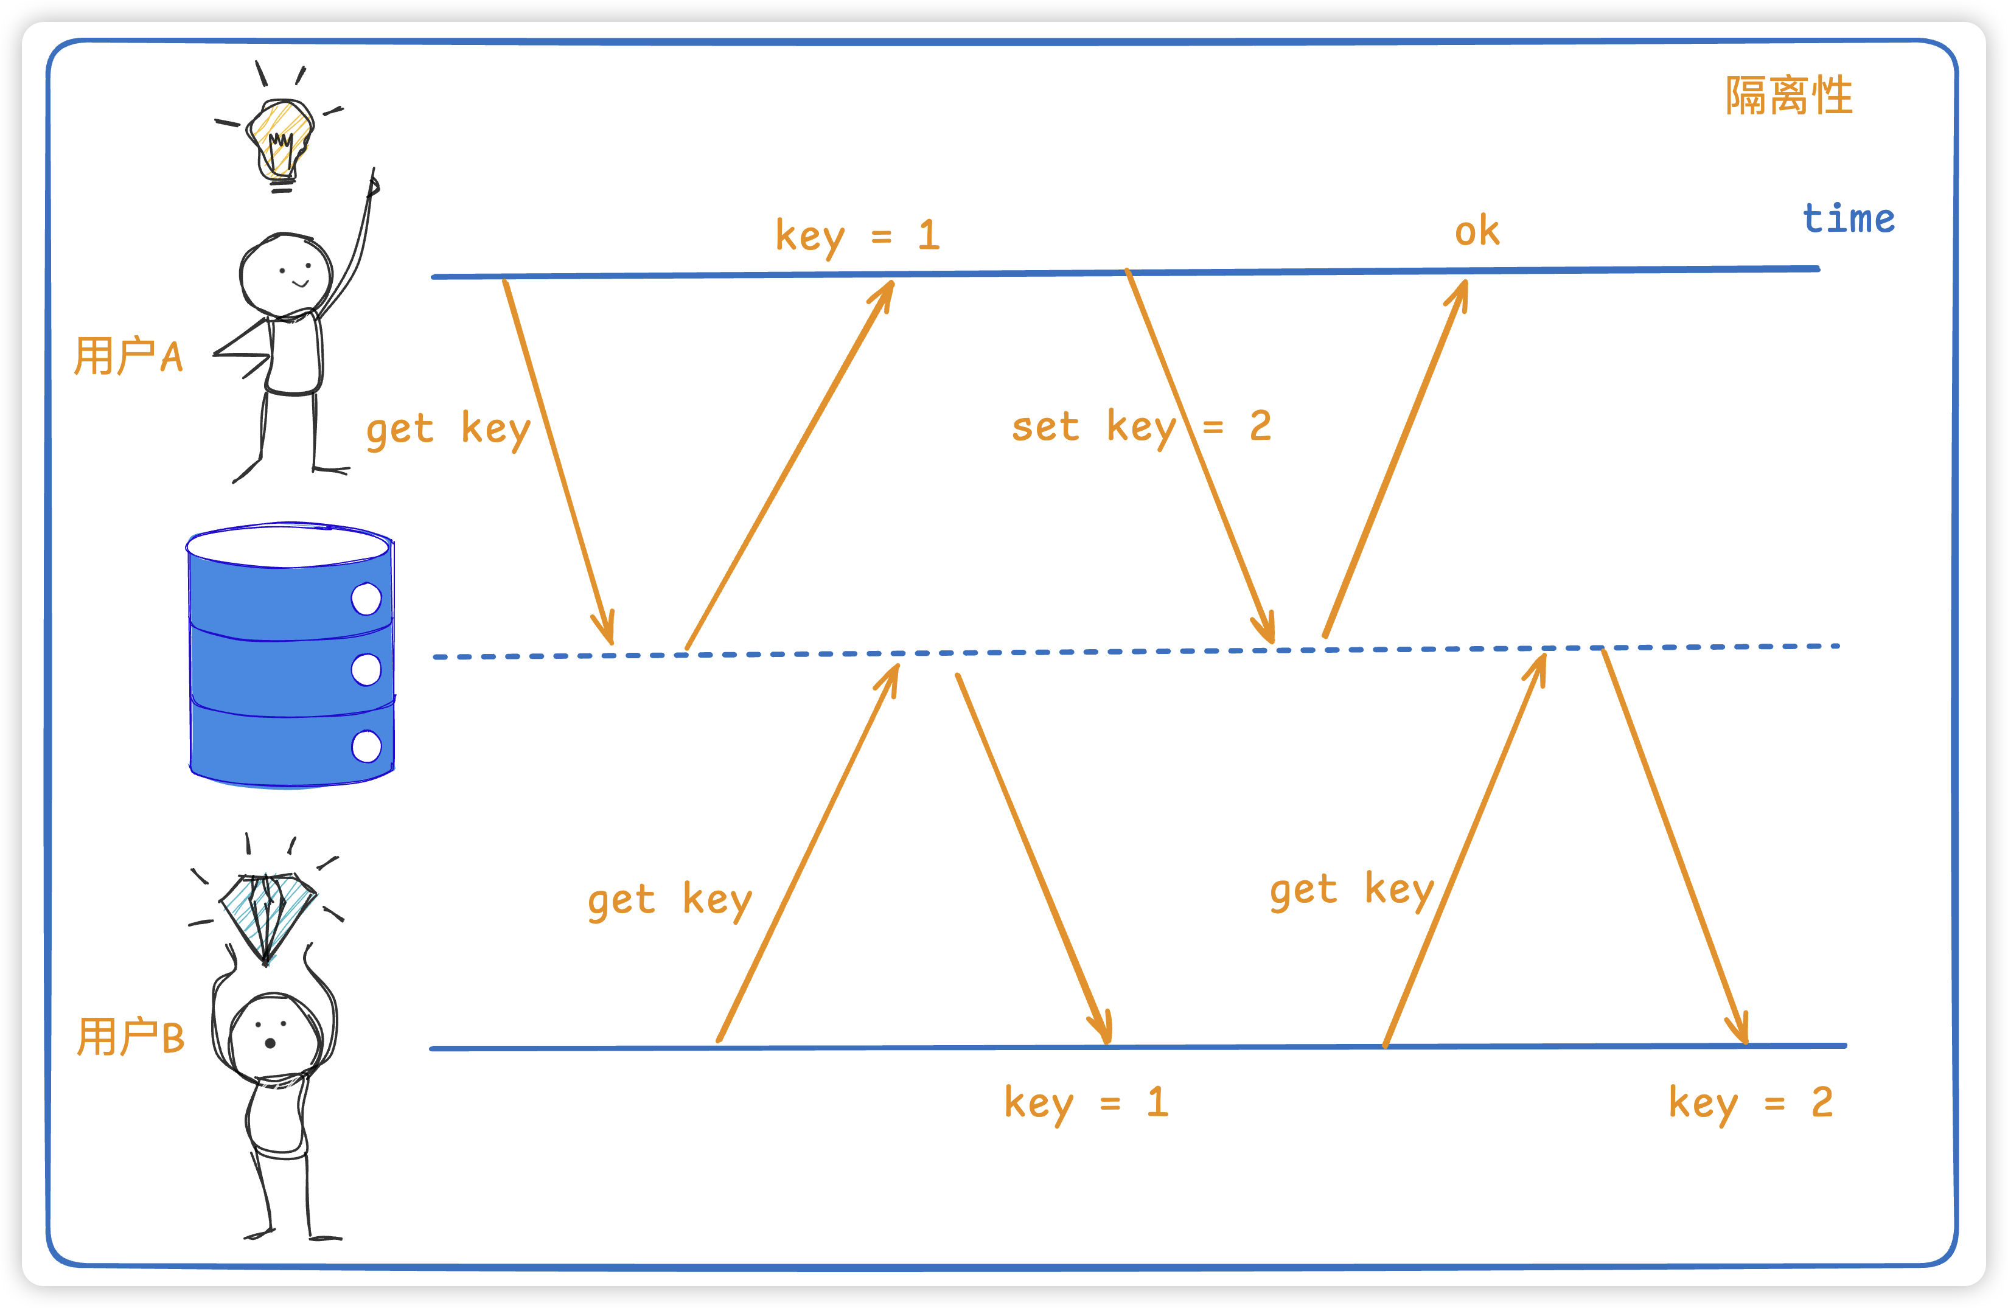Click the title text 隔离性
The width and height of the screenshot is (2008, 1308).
(1788, 96)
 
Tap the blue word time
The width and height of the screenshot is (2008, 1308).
(1849, 218)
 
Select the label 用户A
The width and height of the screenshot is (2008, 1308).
(128, 355)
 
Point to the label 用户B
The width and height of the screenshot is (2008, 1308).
(130, 1037)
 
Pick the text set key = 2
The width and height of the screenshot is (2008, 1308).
(1141, 426)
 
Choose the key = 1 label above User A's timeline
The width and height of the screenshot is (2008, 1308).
(857, 235)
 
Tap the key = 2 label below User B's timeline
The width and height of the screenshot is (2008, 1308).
(1751, 1102)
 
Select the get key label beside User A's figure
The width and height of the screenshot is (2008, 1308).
(448, 430)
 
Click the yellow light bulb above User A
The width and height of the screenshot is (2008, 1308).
(280, 139)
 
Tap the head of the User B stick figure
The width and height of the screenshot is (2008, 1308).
(275, 1037)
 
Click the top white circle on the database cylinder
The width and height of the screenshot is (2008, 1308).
(366, 599)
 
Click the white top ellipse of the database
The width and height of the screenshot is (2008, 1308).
(288, 546)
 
